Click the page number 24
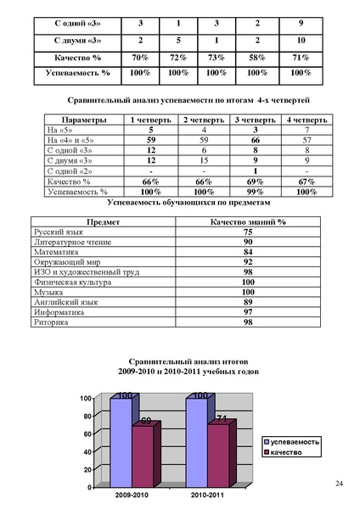pos(340,483)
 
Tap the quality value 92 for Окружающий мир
pos(248,262)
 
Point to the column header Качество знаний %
pos(248,221)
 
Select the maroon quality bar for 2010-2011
pos(217,455)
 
